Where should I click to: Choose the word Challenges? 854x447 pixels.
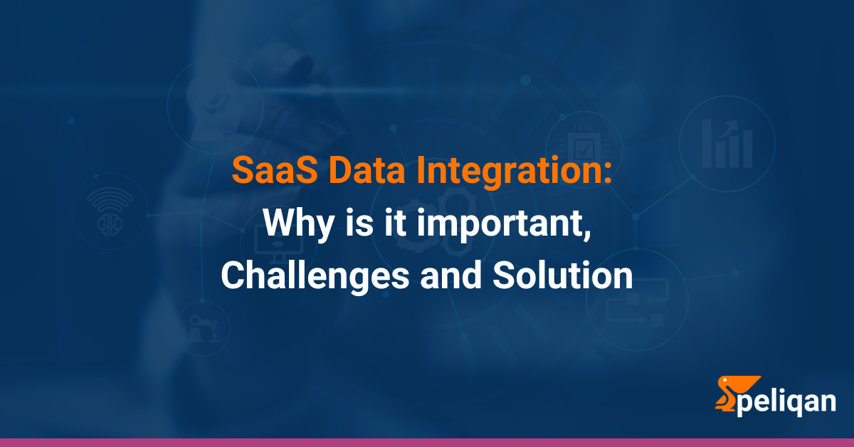point(314,275)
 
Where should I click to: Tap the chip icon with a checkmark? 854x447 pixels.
point(584,146)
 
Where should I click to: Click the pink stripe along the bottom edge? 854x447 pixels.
point(427,442)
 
